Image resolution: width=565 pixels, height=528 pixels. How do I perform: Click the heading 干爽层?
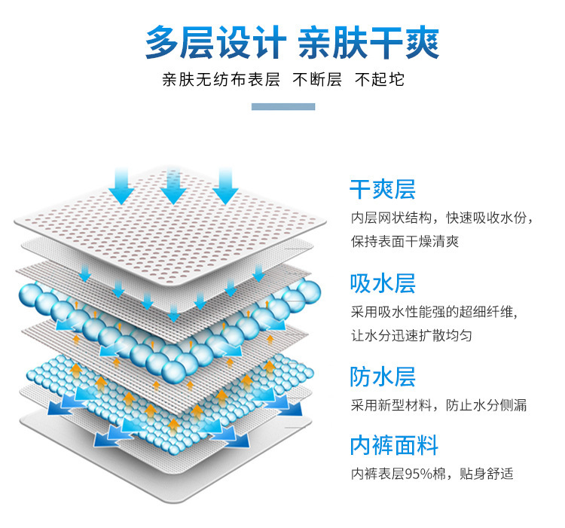coord(382,188)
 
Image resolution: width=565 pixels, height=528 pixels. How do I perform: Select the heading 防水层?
coord(382,377)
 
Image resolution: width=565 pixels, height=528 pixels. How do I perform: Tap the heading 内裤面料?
coord(393,445)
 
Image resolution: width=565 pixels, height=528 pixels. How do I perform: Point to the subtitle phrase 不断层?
coord(317,80)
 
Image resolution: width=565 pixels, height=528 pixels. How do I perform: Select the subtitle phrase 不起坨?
coord(380,80)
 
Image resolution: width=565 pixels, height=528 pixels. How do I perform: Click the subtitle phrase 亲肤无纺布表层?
coord(221,80)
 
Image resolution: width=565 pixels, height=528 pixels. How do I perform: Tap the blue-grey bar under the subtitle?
coord(282,107)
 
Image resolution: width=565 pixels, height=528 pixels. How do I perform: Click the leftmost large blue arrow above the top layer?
coord(121,186)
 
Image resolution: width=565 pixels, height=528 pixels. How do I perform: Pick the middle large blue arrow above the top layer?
coord(173,186)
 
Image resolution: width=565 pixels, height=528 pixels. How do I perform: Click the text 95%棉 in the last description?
coord(427,474)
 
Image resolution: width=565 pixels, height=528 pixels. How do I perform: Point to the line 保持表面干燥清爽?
coord(404,241)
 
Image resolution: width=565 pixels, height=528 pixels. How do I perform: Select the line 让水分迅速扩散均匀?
coord(411,335)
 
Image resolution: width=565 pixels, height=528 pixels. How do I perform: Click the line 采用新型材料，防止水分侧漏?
coord(438,405)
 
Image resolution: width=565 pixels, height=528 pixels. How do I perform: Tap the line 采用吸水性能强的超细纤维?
coord(435,312)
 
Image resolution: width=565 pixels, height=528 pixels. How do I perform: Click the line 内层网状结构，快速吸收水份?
coord(442,218)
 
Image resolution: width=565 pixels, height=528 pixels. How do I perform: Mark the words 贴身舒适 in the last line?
coord(486,474)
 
